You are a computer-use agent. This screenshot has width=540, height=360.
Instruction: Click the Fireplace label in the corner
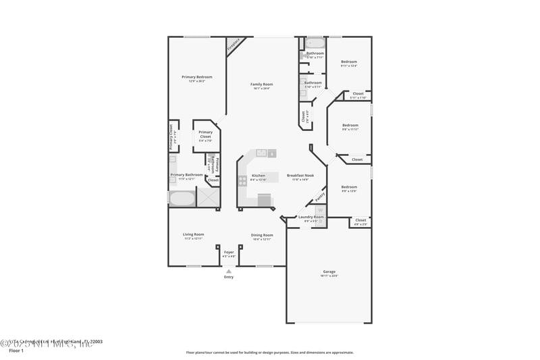[x=234, y=45]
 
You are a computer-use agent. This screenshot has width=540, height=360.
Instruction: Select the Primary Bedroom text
[x=197, y=77]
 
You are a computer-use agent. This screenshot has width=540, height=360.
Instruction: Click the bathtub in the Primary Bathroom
[x=181, y=199]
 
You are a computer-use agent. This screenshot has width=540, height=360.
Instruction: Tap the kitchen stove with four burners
[x=242, y=180]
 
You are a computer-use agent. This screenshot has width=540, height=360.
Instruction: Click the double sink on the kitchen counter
[x=262, y=153]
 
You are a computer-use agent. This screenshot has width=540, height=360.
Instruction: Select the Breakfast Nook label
[x=300, y=176]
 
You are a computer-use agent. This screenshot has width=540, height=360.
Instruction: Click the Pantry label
[x=320, y=196]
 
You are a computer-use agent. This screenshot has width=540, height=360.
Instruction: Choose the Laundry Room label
[x=311, y=217]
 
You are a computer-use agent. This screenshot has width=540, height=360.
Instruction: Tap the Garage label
[x=329, y=272]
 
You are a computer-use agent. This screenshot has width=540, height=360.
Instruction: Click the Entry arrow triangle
[x=228, y=271]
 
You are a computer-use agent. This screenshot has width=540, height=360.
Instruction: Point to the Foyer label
[x=229, y=252]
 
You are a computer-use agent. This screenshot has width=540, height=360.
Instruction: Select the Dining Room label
[x=262, y=235]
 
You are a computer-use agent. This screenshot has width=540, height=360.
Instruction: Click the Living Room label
[x=194, y=235]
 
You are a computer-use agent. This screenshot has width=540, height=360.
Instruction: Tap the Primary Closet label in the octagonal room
[x=205, y=134]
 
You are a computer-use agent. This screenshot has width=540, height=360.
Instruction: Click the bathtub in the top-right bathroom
[x=315, y=43]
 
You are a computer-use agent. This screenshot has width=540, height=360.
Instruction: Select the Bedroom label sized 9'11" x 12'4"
[x=349, y=61]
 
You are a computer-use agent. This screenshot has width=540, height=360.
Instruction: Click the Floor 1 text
[x=16, y=351]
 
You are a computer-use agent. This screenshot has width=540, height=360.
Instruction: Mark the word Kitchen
[x=258, y=176]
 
